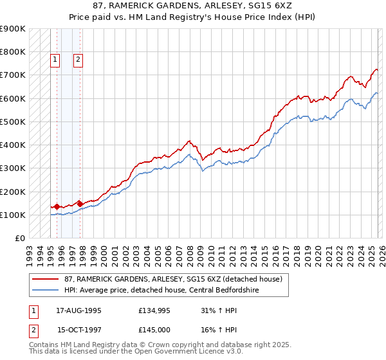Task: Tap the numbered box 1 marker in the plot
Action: tap(55, 60)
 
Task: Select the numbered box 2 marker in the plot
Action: tap(78, 60)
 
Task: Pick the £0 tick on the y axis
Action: tap(19, 238)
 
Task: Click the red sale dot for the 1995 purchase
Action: tap(57, 206)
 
